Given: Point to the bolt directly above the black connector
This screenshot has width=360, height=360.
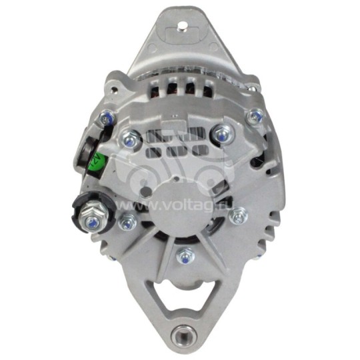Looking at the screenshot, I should pos(106,120).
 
